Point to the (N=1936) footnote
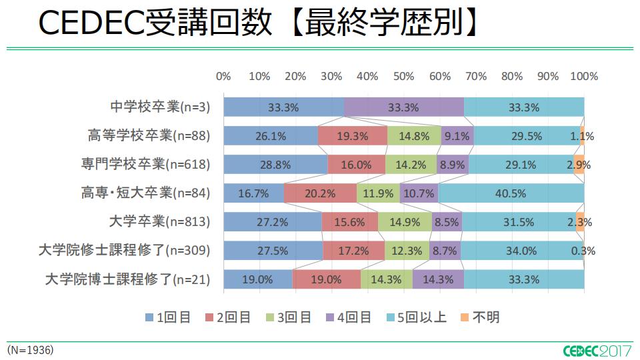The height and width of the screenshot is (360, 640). click(x=31, y=349)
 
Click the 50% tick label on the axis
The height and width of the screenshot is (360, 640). click(x=403, y=76)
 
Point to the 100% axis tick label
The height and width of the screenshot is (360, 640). click(x=584, y=76)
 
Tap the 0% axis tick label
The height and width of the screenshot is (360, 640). click(x=223, y=76)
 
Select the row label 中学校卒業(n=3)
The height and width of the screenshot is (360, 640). click(x=160, y=107)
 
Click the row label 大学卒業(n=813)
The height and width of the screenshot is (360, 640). click(x=159, y=222)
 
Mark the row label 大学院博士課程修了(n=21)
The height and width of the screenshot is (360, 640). click(x=127, y=279)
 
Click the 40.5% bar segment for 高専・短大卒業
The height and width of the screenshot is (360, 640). click(x=511, y=193)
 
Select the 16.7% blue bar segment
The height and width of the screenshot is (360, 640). click(x=253, y=193)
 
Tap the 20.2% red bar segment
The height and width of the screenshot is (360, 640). click(x=320, y=193)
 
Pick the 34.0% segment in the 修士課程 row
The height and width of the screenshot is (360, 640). click(x=522, y=251)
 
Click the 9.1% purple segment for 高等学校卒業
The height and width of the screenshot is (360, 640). click(x=457, y=136)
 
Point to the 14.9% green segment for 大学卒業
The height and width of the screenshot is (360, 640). click(x=405, y=222)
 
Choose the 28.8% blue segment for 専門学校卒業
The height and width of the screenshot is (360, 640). click(x=275, y=165)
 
